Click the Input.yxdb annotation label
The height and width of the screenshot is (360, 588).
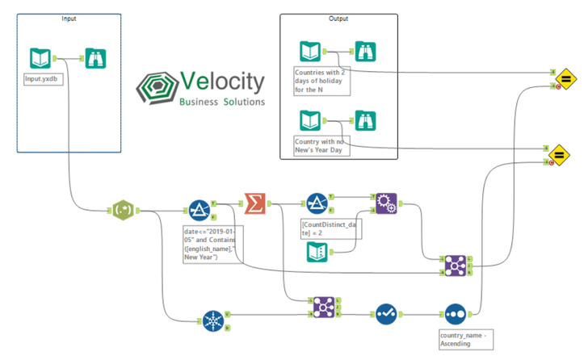[42, 81]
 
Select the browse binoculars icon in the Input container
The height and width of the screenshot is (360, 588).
[96, 58]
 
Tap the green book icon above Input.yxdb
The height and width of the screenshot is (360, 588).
[40, 58]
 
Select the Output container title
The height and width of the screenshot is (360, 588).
[339, 19]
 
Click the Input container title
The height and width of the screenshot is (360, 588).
[69, 18]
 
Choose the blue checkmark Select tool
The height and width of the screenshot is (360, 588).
[386, 313]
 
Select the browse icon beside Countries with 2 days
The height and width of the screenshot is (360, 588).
[367, 52]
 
